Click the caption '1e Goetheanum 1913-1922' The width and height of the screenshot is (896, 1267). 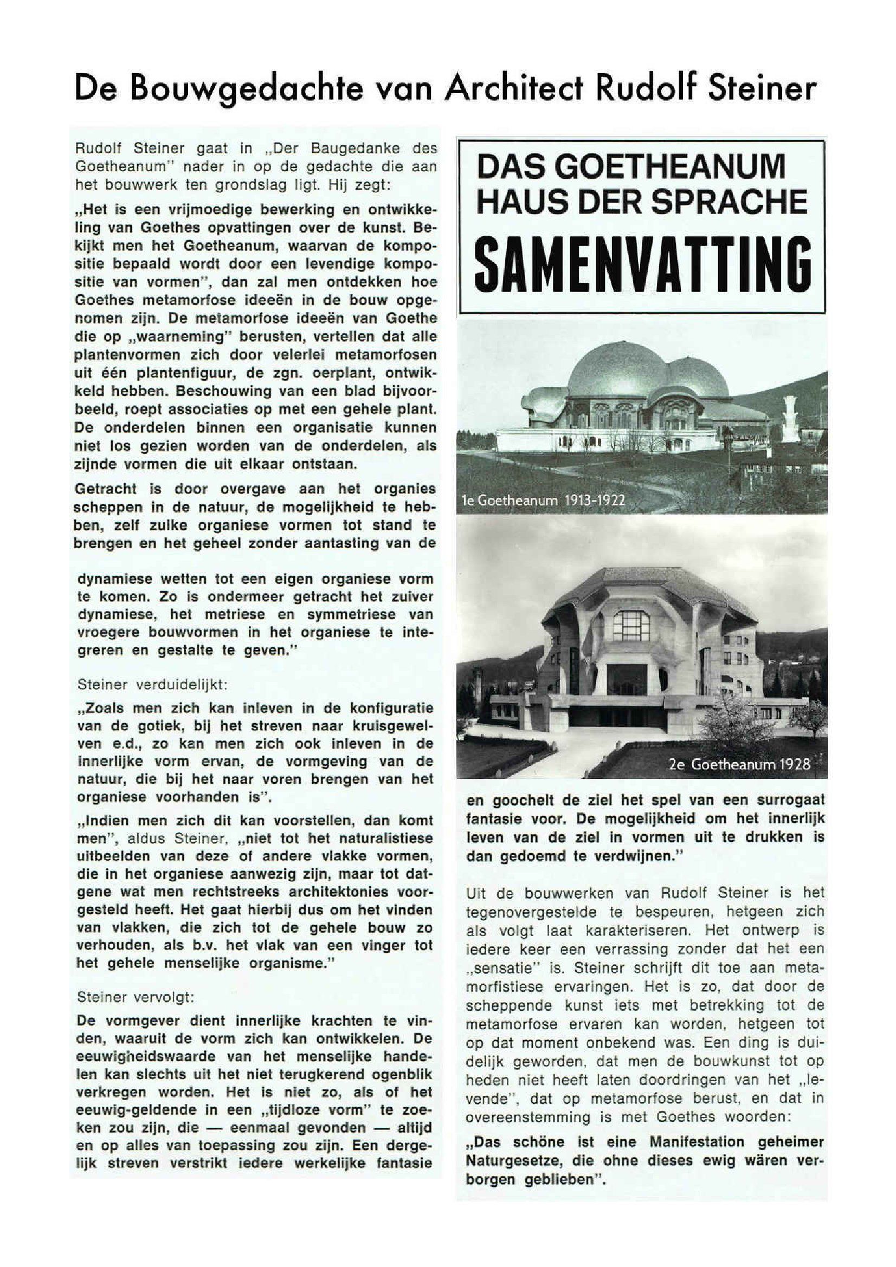click(x=543, y=501)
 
